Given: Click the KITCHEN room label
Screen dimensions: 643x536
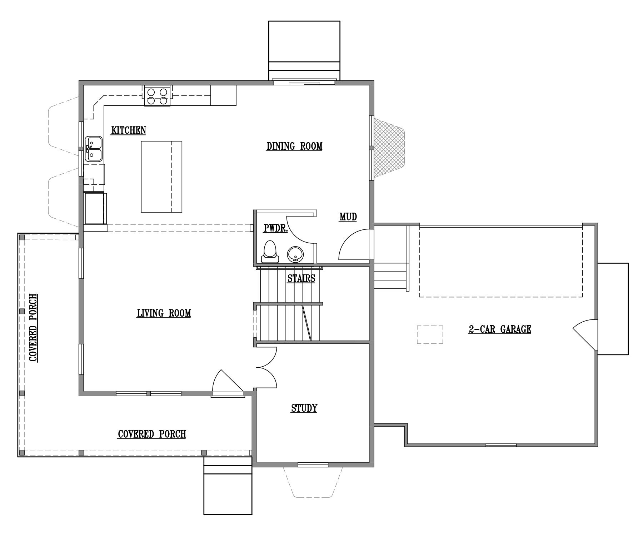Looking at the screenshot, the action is click(x=129, y=130).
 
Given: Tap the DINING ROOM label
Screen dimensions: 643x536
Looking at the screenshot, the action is click(x=294, y=146).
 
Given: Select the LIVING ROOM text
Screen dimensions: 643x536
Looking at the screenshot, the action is click(x=164, y=313).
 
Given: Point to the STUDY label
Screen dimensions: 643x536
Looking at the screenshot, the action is click(x=304, y=408).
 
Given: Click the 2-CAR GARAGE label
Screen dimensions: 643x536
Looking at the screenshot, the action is click(x=500, y=329).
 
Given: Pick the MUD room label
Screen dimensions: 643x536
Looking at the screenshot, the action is click(x=348, y=217).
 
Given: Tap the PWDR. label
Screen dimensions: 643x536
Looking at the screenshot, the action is click(x=275, y=228).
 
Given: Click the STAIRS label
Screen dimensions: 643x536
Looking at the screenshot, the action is click(x=301, y=278).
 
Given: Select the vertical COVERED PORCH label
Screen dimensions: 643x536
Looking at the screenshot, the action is click(x=33, y=328).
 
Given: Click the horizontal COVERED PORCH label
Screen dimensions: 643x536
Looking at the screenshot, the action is click(x=152, y=434).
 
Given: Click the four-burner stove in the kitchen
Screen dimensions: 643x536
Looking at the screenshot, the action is click(x=158, y=96).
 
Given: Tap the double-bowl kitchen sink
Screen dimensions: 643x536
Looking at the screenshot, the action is click(x=93, y=149).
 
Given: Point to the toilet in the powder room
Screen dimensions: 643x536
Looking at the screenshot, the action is click(x=270, y=252).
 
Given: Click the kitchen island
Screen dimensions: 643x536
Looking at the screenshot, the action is click(x=161, y=177).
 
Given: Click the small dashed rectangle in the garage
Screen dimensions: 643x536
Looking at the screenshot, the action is click(x=430, y=334).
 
